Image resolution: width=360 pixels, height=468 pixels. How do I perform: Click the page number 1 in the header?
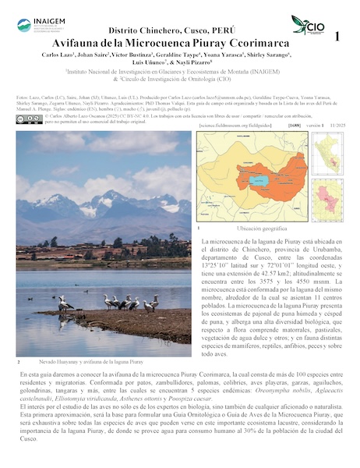click(337, 37)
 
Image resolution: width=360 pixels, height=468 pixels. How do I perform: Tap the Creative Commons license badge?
click(30, 119)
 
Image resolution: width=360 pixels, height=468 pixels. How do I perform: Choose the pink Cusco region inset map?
click(327, 201)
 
